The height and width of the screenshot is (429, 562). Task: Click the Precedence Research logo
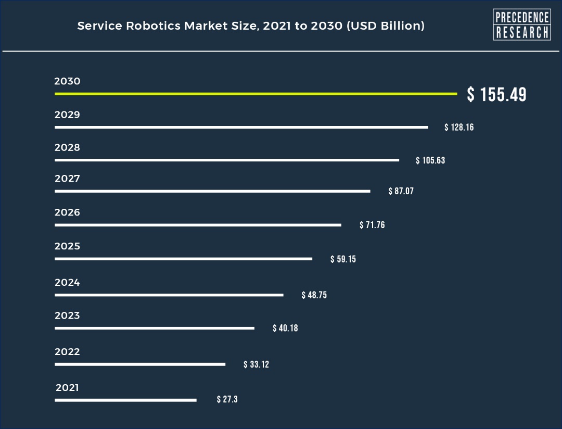point(521,24)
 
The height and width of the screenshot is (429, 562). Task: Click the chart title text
point(251,26)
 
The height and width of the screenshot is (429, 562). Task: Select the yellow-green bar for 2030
point(256,94)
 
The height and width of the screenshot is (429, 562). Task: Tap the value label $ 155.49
point(496,95)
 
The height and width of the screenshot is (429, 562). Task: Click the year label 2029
point(67,115)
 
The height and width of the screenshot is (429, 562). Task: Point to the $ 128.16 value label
point(459,128)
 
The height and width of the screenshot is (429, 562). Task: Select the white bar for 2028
point(227,160)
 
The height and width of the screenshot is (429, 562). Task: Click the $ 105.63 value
point(430,160)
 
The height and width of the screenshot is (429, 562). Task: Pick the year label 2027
point(67,179)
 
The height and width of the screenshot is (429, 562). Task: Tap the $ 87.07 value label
point(401,191)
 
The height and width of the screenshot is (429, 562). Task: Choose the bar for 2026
point(198,225)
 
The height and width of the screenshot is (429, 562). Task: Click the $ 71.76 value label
point(372,225)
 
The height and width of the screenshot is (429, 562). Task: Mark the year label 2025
point(67,246)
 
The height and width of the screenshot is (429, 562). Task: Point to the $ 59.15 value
point(343,259)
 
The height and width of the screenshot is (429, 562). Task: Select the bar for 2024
point(169,295)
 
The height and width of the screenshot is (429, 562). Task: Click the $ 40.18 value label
point(285,328)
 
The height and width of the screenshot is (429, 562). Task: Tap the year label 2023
point(67,316)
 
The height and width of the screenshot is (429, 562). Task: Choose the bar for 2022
point(140,364)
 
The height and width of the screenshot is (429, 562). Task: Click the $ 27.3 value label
point(227,400)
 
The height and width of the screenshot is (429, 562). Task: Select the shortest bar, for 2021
point(125,400)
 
